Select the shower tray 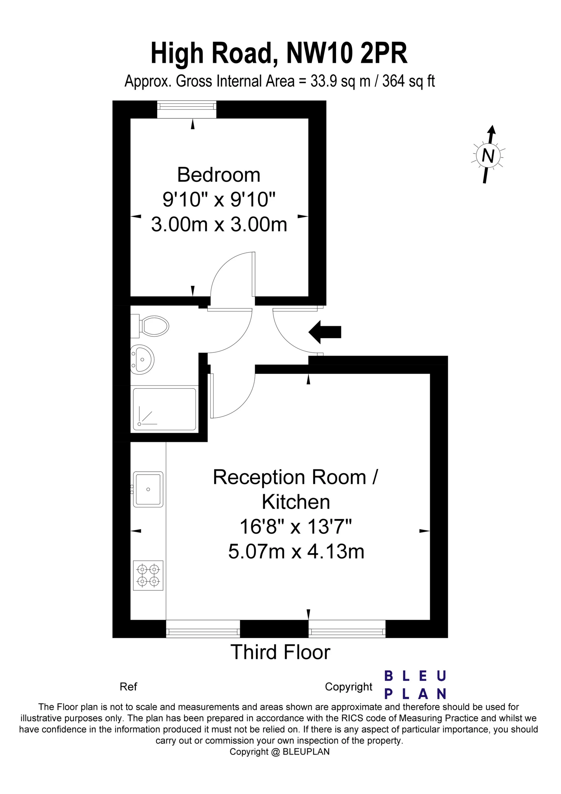pos(164,409)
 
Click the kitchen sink pos(148,489)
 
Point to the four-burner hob pos(148,575)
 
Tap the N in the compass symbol pos(488,156)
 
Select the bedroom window pos(187,109)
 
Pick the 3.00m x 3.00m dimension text pos(219,224)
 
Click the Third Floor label pos(280,652)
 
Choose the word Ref pos(128,686)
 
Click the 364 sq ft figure pos(408,82)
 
